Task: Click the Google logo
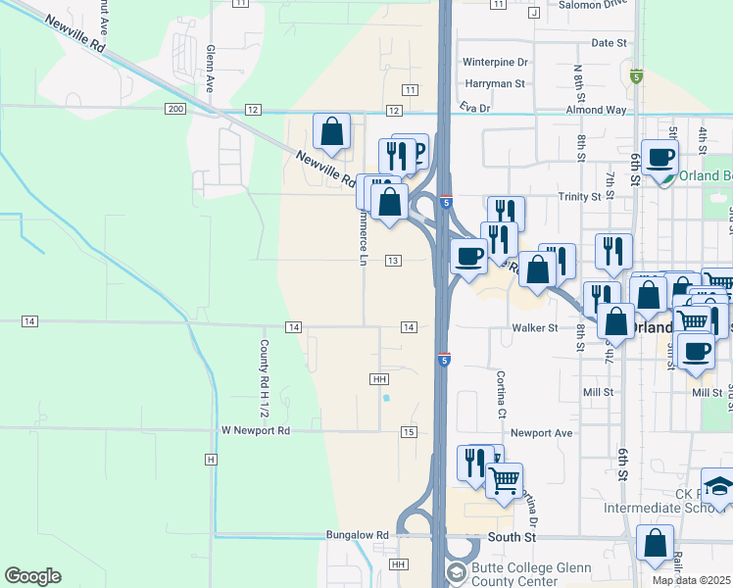pos(32,576)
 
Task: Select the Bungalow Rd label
pos(357,535)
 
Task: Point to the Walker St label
pos(534,327)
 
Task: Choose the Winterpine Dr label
pos(495,62)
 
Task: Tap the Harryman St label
pos(495,84)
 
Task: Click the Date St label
pos(609,43)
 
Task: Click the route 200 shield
pos(175,108)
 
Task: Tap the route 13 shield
pos(392,260)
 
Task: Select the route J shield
pos(534,13)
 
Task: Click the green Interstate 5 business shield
pos(637,75)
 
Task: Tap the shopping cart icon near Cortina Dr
pos(504,480)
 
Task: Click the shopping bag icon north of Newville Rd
pos(332,131)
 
